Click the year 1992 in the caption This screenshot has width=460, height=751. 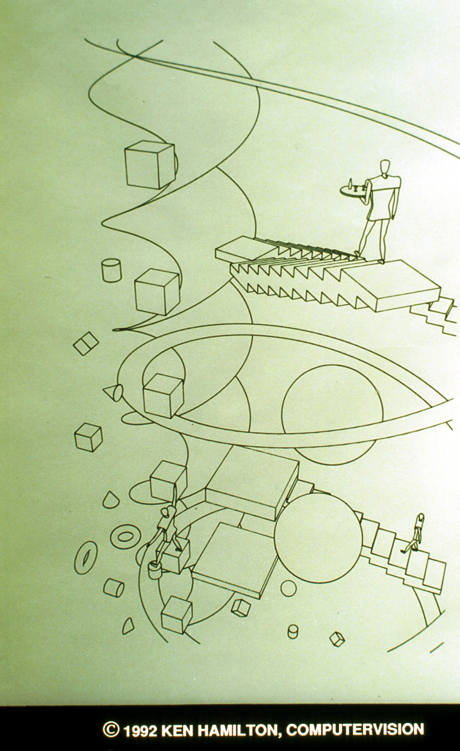point(139,729)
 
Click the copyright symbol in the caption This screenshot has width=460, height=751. point(111,730)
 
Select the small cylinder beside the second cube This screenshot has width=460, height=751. point(111,270)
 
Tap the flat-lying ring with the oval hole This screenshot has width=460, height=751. point(125,536)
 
